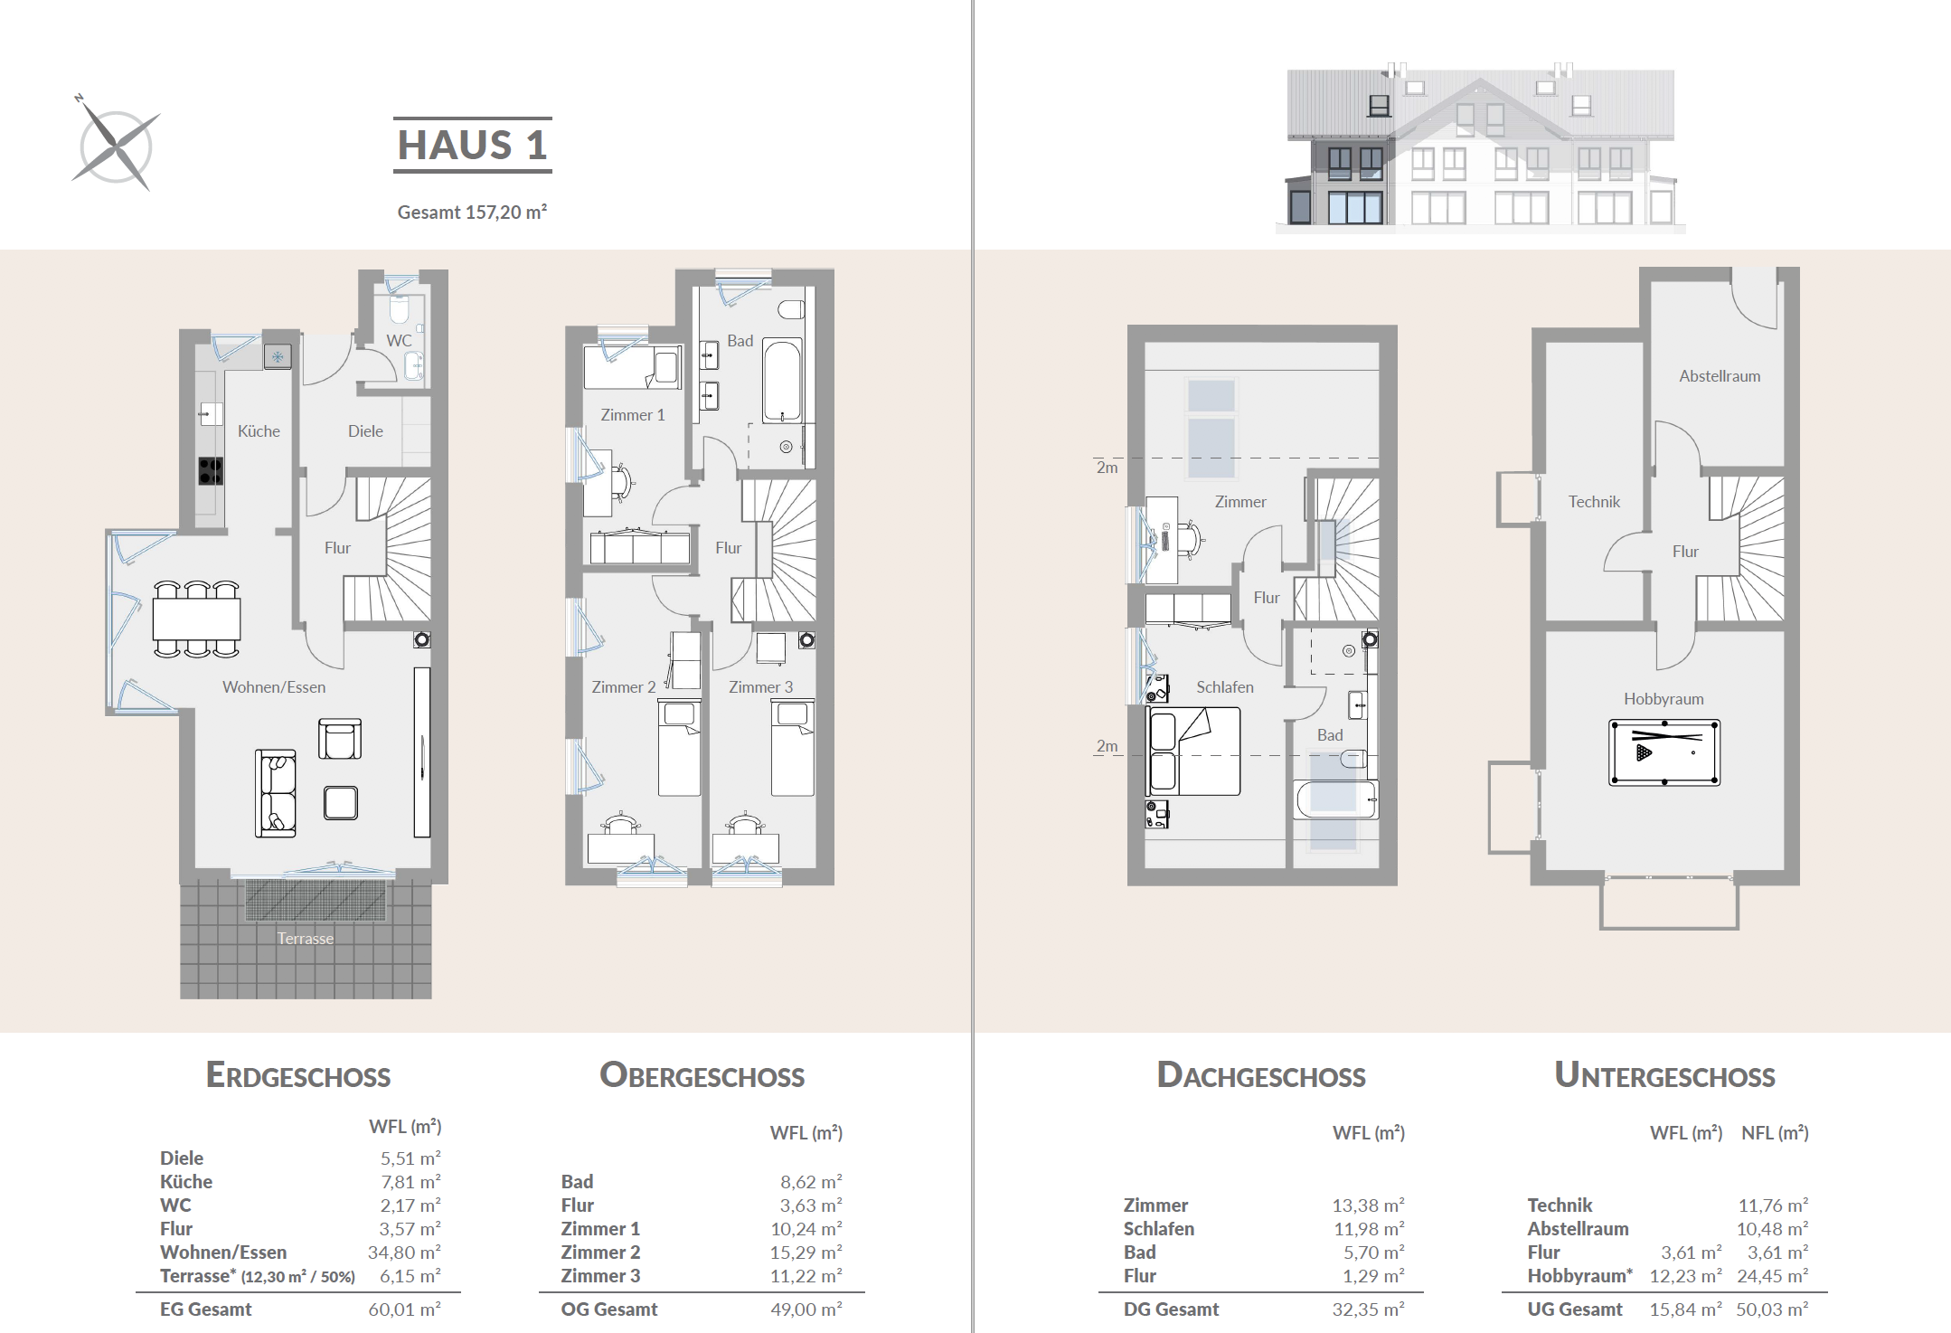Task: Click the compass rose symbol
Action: point(116,145)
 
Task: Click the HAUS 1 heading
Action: point(473,145)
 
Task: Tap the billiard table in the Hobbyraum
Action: point(1664,752)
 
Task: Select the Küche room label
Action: point(259,431)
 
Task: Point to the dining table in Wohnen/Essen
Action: point(197,619)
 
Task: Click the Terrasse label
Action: point(306,939)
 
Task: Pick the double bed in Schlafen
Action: point(1193,752)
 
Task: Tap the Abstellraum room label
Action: point(1720,376)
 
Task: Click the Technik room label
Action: point(1594,502)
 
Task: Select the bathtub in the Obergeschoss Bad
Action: point(782,381)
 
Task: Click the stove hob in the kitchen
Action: point(211,471)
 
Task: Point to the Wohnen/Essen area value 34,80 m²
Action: point(404,1253)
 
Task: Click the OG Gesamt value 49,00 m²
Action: point(806,1309)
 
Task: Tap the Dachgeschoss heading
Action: point(1261,1075)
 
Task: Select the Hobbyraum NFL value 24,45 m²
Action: point(1772,1276)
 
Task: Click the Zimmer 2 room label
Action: point(624,687)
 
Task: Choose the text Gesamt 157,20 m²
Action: point(473,213)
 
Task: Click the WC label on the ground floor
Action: point(399,341)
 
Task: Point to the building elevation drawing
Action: point(1481,147)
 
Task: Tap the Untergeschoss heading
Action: point(1664,1075)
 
